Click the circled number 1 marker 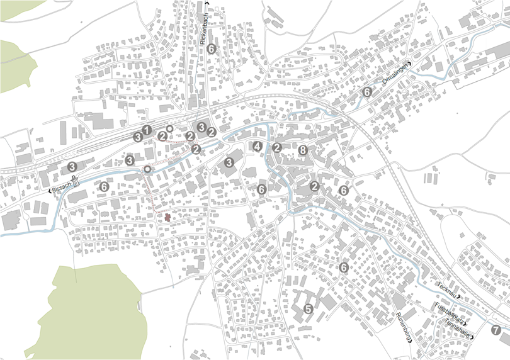pyautogui.click(x=147, y=130)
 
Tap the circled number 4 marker pyautogui.click(x=257, y=147)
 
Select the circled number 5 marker pyautogui.click(x=308, y=309)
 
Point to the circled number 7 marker pyautogui.click(x=496, y=329)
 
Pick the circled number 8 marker pyautogui.click(x=303, y=150)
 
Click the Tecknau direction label pyautogui.click(x=447, y=290)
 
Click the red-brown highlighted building pyautogui.click(x=167, y=217)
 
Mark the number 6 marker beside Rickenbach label pyautogui.click(x=212, y=48)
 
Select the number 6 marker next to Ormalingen pyautogui.click(x=367, y=93)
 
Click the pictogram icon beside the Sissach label pyautogui.click(x=76, y=183)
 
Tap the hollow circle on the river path pyautogui.click(x=147, y=169)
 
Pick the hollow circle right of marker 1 pyautogui.click(x=169, y=128)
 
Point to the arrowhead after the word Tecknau pyautogui.click(x=460, y=296)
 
